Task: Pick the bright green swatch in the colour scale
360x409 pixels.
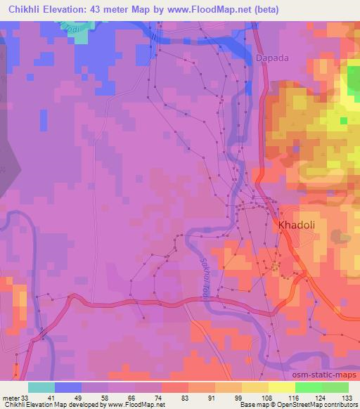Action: click(x=309, y=387)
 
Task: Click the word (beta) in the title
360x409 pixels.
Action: click(x=264, y=10)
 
